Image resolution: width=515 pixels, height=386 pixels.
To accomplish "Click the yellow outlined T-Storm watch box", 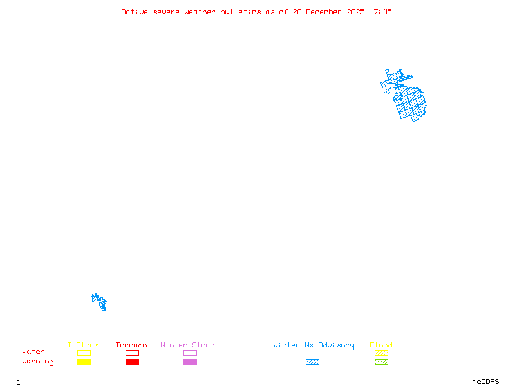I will click(84, 353).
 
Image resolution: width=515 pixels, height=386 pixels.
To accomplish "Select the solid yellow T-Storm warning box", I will click(84, 362).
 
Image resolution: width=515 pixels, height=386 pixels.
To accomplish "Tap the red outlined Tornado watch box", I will click(132, 353).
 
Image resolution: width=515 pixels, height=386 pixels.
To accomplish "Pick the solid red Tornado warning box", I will click(132, 362).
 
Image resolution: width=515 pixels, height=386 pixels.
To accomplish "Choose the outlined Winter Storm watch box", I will click(190, 353).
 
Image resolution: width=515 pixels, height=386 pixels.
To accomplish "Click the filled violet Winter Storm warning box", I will click(190, 362).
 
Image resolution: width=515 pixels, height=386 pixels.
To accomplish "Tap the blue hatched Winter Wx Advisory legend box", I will click(312, 362).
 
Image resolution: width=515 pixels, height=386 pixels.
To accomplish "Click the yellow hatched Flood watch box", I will click(381, 353).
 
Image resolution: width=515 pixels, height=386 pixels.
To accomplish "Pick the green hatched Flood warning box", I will click(381, 362).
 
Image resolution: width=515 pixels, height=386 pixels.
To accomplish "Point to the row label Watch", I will click(33, 352).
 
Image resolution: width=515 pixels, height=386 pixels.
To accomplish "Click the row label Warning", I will click(38, 362).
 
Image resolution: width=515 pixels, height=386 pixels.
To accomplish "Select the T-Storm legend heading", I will click(83, 345).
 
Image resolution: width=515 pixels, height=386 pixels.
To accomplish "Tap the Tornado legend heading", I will click(131, 345).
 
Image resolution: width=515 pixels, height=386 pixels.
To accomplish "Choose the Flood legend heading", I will click(381, 345).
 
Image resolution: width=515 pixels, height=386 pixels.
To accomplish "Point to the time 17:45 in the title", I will click(380, 12).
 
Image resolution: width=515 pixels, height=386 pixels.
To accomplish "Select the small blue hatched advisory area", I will click(99, 301).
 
